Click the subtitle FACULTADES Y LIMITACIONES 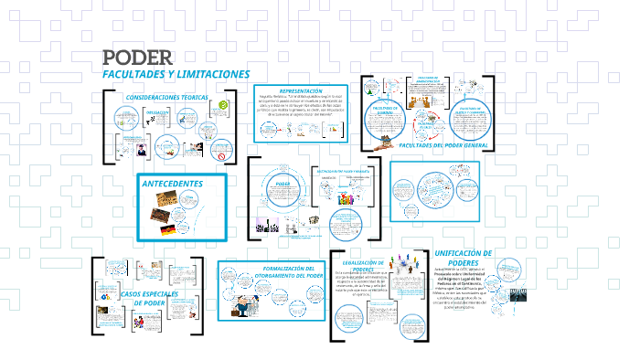point(176,73)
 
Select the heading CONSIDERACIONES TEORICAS point(166,97)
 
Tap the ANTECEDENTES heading point(173,183)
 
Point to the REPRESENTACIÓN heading point(301,92)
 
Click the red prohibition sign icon point(219,147)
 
